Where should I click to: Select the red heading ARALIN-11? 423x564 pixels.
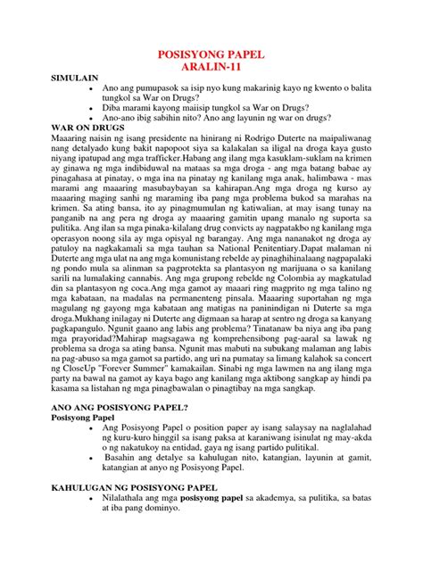pos(211,68)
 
